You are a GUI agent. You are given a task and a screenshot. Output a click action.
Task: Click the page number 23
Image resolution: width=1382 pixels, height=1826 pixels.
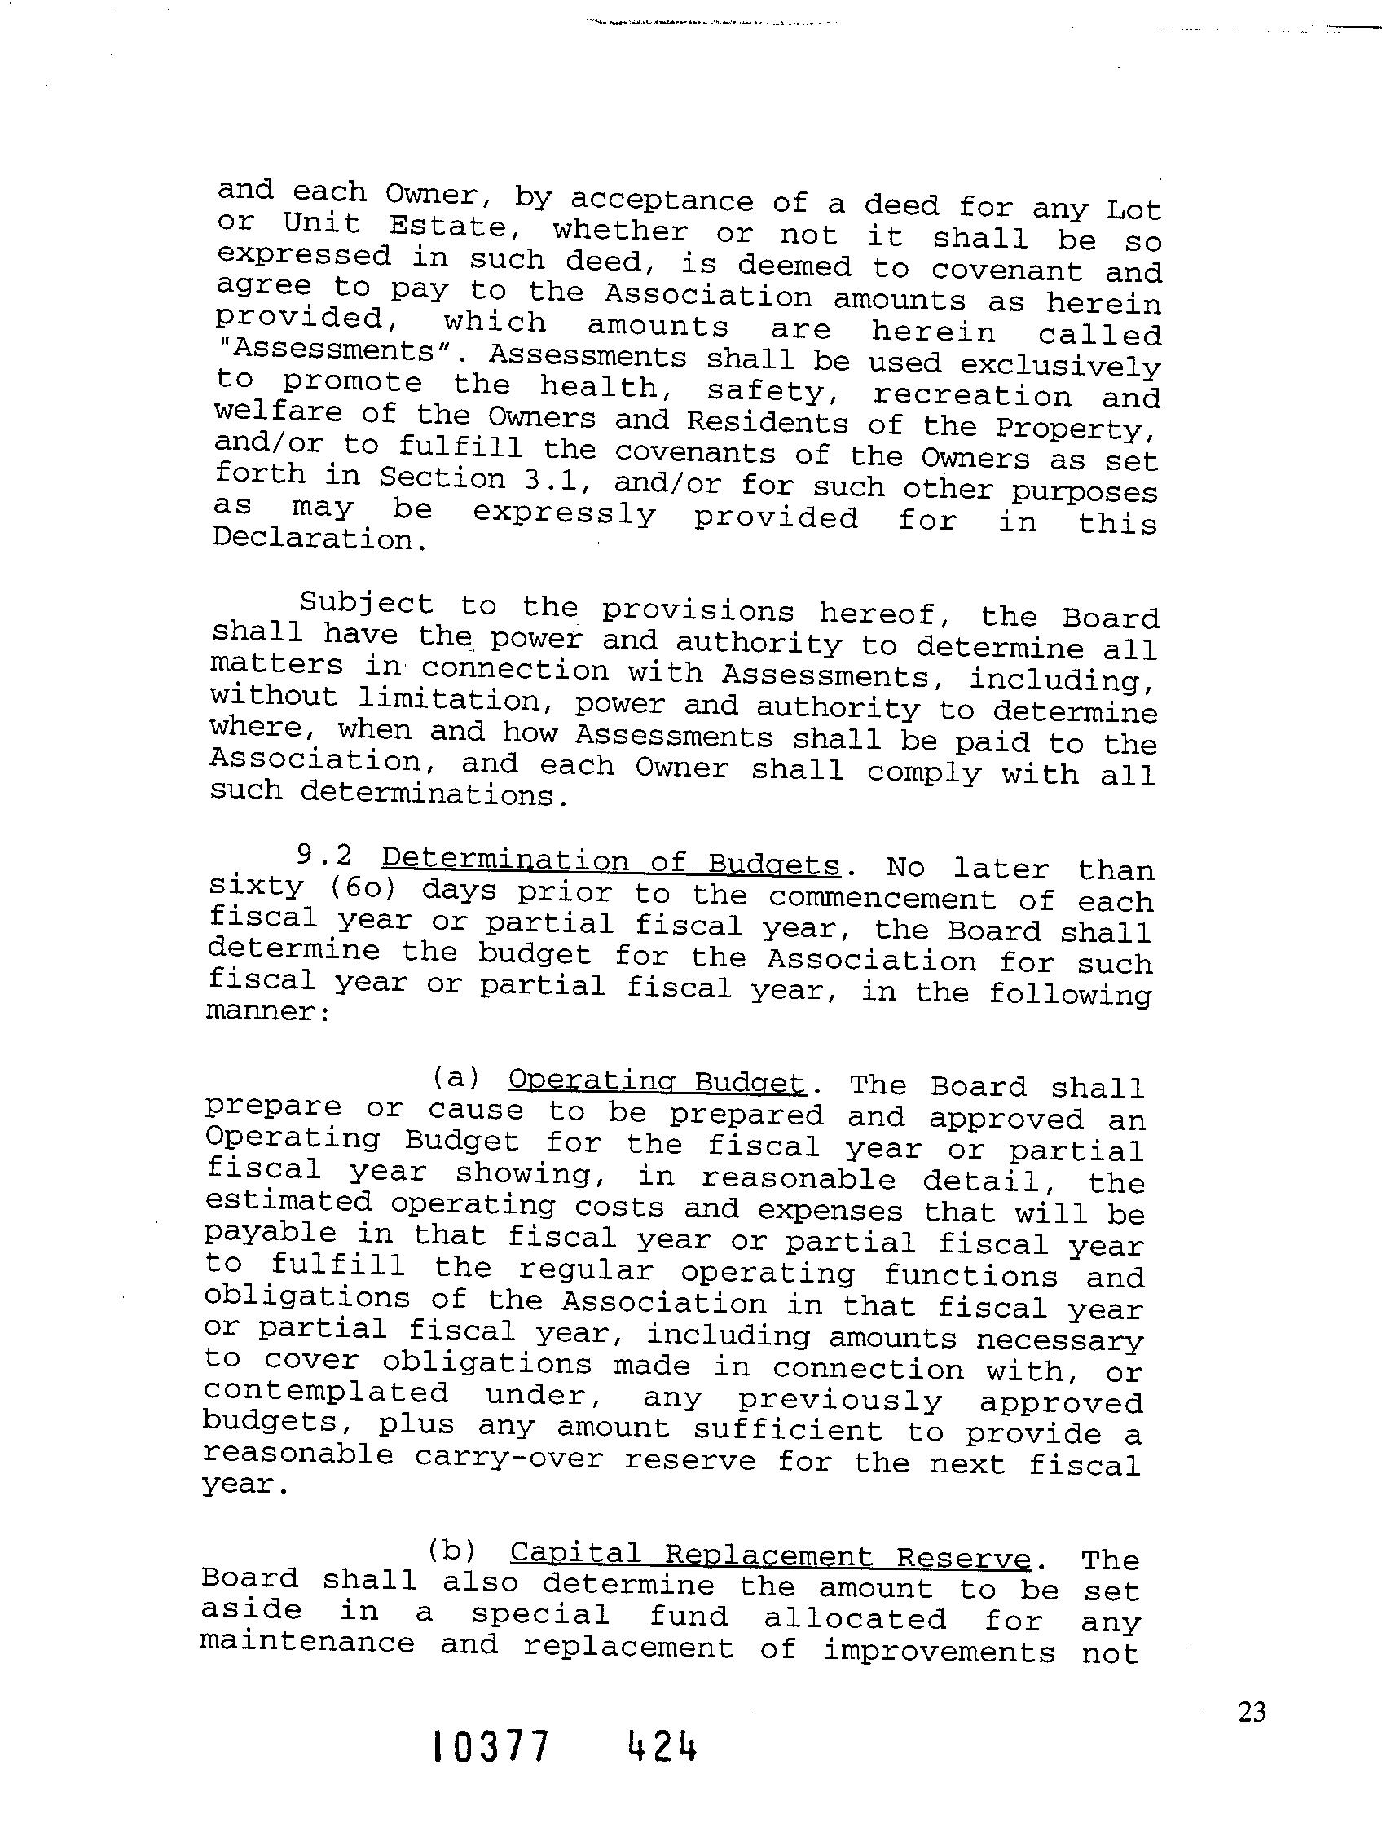[x=1252, y=1712]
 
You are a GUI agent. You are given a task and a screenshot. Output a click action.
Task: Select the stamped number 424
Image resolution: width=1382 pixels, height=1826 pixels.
[x=663, y=1770]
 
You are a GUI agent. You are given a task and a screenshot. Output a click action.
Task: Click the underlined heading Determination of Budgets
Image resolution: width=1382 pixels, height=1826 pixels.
[x=611, y=863]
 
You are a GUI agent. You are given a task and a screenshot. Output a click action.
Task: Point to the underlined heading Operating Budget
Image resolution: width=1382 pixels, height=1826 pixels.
[x=656, y=1081]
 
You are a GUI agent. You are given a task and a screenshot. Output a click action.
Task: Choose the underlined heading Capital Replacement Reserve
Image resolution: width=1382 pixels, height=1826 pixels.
[x=770, y=1555]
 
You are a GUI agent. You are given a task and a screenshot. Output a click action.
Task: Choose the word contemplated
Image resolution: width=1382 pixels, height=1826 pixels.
[x=325, y=1393]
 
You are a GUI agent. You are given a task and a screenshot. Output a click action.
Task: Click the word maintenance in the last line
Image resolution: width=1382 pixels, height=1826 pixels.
[x=307, y=1642]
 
